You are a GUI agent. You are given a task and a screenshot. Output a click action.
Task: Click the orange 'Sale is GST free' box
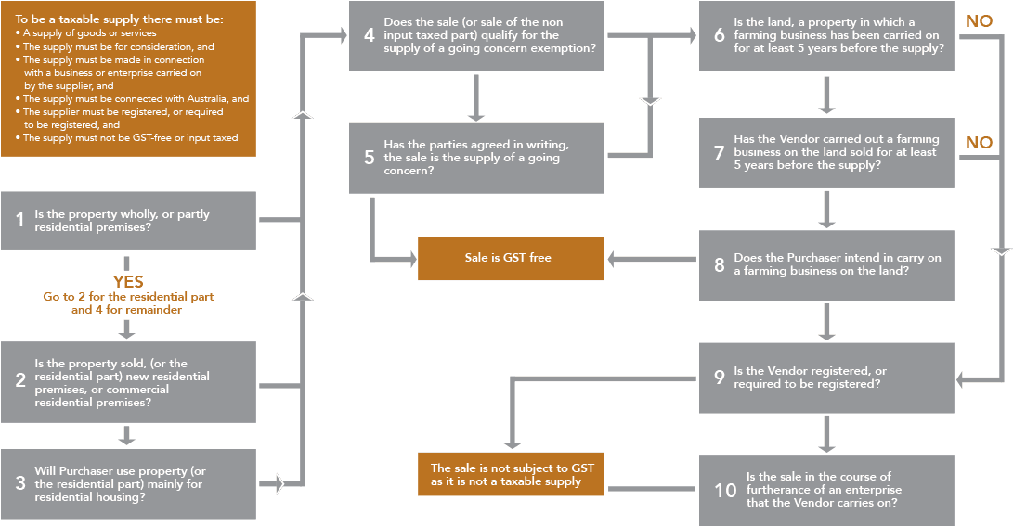(510, 258)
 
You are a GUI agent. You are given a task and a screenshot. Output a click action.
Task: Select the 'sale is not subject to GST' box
(511, 474)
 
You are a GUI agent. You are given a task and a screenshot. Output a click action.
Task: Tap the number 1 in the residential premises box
(19, 220)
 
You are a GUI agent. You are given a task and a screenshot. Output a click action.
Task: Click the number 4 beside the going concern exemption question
(369, 35)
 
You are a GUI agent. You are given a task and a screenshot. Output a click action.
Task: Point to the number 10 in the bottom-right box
(724, 490)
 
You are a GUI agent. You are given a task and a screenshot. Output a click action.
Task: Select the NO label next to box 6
(979, 21)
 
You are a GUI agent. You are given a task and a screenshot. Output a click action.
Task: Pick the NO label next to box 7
(979, 143)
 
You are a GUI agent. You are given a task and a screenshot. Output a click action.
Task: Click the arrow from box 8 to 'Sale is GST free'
(651, 259)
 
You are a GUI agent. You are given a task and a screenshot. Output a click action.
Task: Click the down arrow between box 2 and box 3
(128, 435)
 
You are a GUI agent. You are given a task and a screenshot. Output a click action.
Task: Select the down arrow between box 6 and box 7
(826, 96)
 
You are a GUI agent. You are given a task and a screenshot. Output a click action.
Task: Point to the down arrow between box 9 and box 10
(826, 433)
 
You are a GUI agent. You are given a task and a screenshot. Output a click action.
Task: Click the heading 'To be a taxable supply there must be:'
(119, 19)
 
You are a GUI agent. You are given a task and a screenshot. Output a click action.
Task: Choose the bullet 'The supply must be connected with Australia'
(136, 98)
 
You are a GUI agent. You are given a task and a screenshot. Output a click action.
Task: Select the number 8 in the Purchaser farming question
(719, 264)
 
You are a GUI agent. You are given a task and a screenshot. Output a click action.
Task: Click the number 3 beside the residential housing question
(19, 483)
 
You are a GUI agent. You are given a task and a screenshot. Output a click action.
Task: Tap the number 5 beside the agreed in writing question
(369, 158)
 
